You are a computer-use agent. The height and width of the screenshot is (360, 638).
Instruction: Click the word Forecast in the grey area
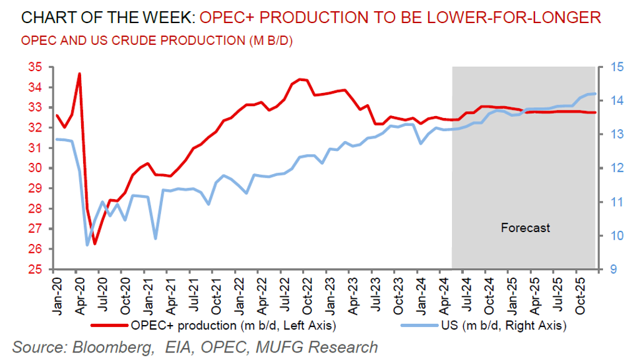[526, 228]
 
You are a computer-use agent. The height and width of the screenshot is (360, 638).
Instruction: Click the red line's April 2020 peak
[79, 74]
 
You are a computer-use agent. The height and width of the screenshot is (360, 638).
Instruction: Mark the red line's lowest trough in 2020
[95, 243]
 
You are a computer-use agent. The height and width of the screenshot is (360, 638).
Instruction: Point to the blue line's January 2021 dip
[155, 238]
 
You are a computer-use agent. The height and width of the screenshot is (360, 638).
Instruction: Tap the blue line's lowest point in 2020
[87, 245]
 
